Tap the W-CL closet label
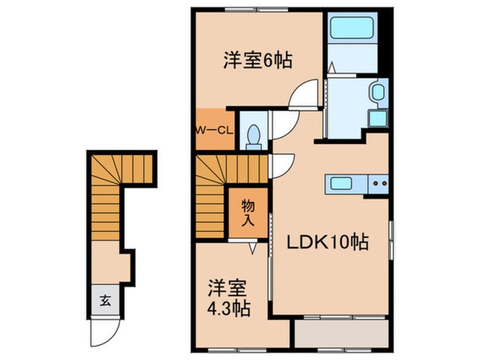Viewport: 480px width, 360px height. point(214,130)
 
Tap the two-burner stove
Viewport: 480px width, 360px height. point(378,184)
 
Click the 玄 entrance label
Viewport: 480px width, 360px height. point(106,300)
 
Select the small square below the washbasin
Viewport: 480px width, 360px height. point(377,119)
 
